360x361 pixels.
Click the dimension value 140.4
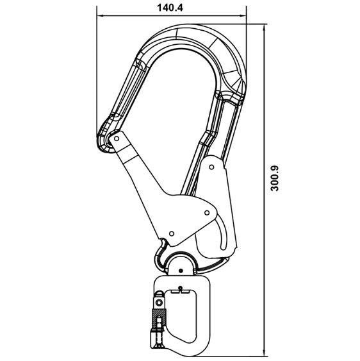point(170,8)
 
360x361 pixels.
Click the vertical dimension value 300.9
point(275,178)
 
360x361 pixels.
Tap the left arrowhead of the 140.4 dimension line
point(100,16)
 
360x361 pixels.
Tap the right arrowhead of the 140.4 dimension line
point(243,16)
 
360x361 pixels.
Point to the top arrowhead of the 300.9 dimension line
point(264,27)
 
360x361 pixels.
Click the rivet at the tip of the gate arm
point(117,139)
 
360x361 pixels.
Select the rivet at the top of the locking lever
point(212,167)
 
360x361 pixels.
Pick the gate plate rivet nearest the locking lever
point(207,212)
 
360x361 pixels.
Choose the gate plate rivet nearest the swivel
point(172,233)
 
